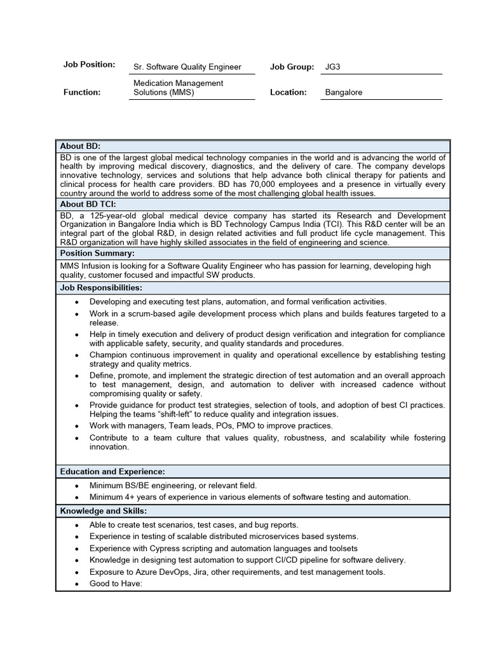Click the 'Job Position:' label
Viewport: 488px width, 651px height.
pyautogui.click(x=89, y=65)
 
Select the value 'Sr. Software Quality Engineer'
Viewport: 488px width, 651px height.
pyautogui.click(x=187, y=67)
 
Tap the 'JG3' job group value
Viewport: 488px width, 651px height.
pyautogui.click(x=333, y=66)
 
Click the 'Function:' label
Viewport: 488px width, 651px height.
pyautogui.click(x=82, y=92)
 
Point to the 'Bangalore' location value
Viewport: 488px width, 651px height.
pyautogui.click(x=344, y=92)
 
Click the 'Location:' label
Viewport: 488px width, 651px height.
pyautogui.click(x=288, y=92)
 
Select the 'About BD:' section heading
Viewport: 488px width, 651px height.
pyautogui.click(x=80, y=146)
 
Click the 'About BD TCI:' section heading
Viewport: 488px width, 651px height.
pyautogui.click(x=88, y=204)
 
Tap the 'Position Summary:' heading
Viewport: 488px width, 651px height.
pyautogui.click(x=97, y=253)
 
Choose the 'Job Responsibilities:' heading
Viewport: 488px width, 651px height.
pyautogui.click(x=101, y=288)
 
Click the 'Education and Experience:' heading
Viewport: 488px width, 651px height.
pyautogui.click(x=112, y=471)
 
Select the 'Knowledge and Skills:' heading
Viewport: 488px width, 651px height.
pyautogui.click(x=103, y=511)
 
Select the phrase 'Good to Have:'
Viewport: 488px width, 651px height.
pyautogui.click(x=116, y=584)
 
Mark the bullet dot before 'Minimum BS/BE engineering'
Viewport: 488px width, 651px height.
pyautogui.click(x=76, y=486)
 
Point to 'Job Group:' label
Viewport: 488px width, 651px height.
pyautogui.click(x=292, y=66)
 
